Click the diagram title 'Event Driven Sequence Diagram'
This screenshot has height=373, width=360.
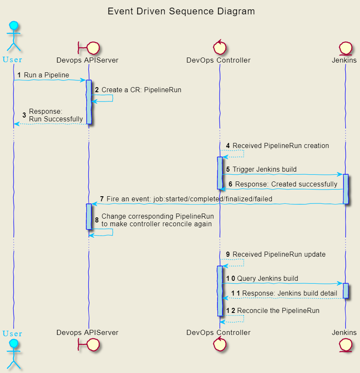pyautogui.click(x=181, y=11)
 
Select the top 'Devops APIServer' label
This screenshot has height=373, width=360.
pyautogui.click(x=87, y=60)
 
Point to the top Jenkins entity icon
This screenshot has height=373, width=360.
pyautogui.click(x=346, y=47)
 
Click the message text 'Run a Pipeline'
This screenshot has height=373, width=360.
pyautogui.click(x=46, y=75)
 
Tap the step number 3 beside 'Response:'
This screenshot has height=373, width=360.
pyautogui.click(x=24, y=115)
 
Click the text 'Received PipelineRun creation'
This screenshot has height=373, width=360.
pyautogui.click(x=280, y=146)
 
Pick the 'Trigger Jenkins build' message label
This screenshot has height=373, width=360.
pyautogui.click(x=264, y=170)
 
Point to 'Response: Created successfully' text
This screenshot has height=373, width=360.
pyautogui.click(x=286, y=184)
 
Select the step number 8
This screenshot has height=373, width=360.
pyautogui.click(x=96, y=220)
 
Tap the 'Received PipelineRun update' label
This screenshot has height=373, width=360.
pyautogui.click(x=279, y=255)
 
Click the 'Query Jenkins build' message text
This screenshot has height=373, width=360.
pyautogui.click(x=267, y=279)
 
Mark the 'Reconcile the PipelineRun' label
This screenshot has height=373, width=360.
pyautogui.click(x=278, y=311)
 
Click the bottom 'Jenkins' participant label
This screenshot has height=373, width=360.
pyautogui.click(x=344, y=333)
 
